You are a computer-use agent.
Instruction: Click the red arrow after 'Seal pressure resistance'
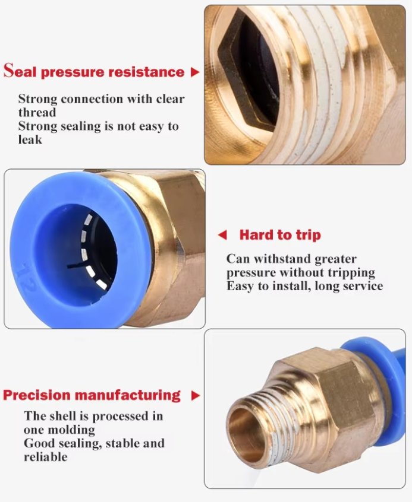point(195,72)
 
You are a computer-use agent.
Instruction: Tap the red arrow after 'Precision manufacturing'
point(195,396)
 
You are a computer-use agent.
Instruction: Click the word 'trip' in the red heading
point(309,236)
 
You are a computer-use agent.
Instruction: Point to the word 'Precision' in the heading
point(37,395)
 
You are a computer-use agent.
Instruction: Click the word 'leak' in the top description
point(30,139)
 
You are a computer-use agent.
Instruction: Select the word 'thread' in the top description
point(37,112)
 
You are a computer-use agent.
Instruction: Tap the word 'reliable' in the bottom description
point(46,457)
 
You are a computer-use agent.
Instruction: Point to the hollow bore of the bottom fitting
point(241,431)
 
